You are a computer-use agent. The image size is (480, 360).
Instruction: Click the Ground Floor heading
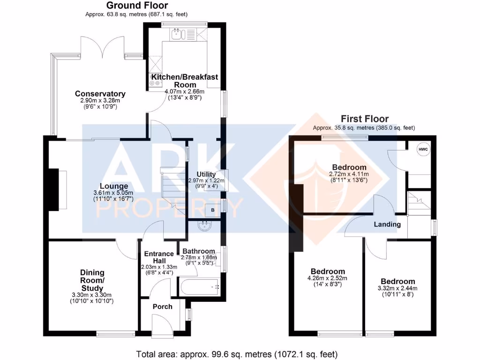(x=137, y=6)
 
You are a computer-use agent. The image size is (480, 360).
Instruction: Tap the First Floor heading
(x=364, y=119)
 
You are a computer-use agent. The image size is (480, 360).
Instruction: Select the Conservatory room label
(x=100, y=94)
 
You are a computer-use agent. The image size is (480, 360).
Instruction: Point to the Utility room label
(x=206, y=174)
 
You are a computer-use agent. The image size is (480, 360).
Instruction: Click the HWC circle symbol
(x=423, y=149)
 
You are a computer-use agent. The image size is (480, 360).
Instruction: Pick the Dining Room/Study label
(x=92, y=280)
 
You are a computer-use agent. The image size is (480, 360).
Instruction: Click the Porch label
(x=163, y=307)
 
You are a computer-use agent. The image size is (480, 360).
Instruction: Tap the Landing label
(x=387, y=224)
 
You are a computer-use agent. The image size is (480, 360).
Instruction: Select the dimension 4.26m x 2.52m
(x=328, y=278)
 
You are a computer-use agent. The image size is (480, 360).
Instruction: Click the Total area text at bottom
(x=237, y=354)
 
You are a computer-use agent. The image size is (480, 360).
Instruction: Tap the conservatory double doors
(x=103, y=47)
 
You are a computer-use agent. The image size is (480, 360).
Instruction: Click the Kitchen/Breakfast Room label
(x=184, y=80)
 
